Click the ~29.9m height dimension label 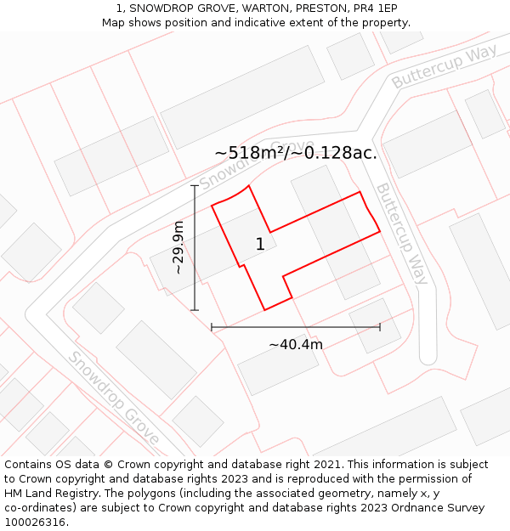tap(178, 247)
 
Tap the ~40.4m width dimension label tap(296, 344)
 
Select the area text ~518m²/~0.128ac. tap(295, 153)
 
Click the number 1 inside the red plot tap(260, 245)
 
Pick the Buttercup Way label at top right tap(444, 67)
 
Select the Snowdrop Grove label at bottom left tap(114, 398)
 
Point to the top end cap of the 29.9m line tap(195, 185)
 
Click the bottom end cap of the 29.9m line tap(195, 310)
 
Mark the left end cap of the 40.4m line tap(212, 327)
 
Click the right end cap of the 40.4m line tap(380, 327)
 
